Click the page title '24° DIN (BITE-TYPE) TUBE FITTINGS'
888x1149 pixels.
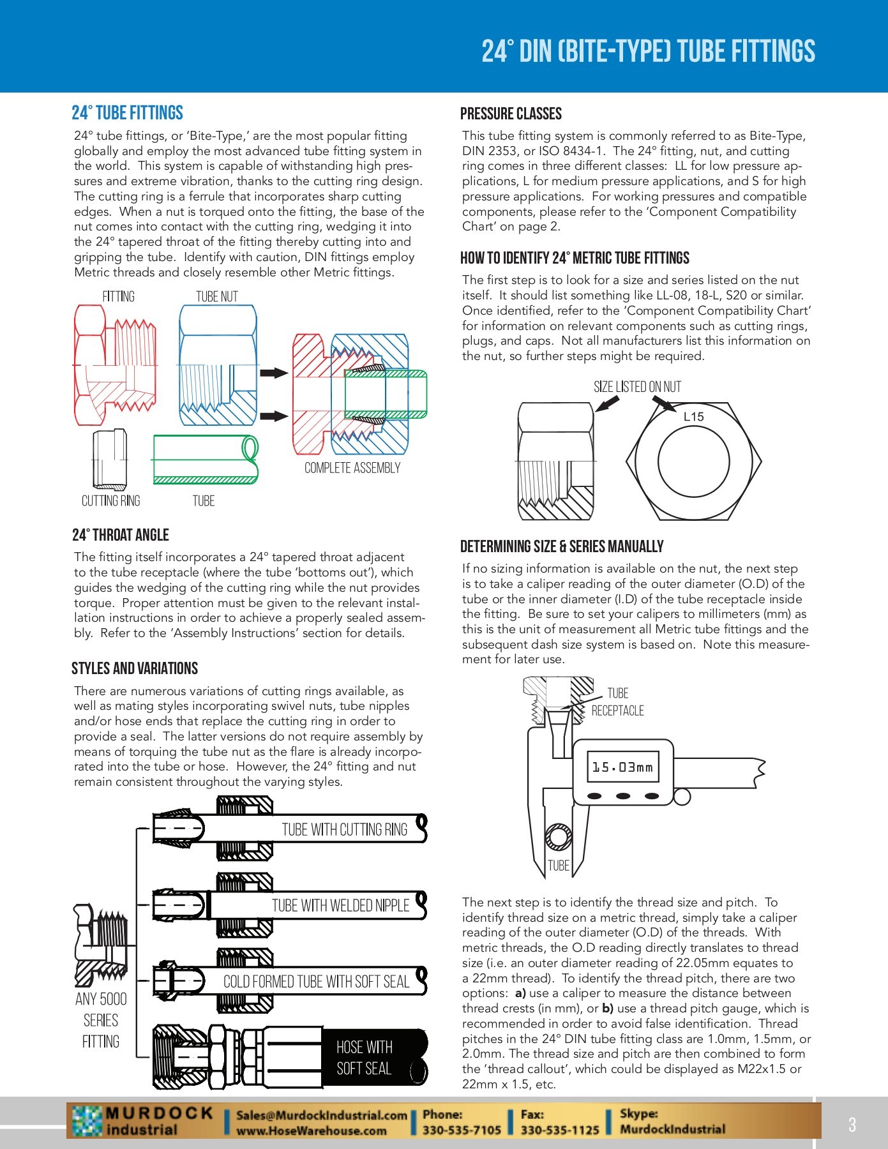pos(648,52)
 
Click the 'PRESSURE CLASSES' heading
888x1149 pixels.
pos(511,114)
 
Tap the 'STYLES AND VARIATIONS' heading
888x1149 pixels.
pos(135,668)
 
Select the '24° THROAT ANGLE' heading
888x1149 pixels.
pos(121,535)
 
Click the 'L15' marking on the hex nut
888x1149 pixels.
pos(693,417)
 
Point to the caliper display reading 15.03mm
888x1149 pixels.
pos(622,767)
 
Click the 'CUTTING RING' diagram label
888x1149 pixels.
pos(110,501)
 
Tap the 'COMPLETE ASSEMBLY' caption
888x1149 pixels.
pos(352,468)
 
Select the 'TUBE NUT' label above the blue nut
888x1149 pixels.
pos(217,297)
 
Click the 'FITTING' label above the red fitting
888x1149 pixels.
pos(119,297)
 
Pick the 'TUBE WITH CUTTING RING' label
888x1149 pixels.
pos(345,830)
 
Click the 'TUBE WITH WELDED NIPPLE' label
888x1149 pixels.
pos(341,906)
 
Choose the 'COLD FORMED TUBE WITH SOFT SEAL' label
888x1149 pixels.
pos(316,982)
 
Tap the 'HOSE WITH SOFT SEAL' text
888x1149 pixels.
pos(364,1058)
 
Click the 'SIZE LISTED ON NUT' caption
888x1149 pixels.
pos(637,387)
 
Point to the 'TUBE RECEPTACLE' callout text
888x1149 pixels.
pos(617,702)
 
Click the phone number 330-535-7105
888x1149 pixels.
pos(462,1130)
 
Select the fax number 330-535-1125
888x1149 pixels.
pos(560,1130)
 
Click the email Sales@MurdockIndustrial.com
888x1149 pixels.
pos(322,1115)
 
